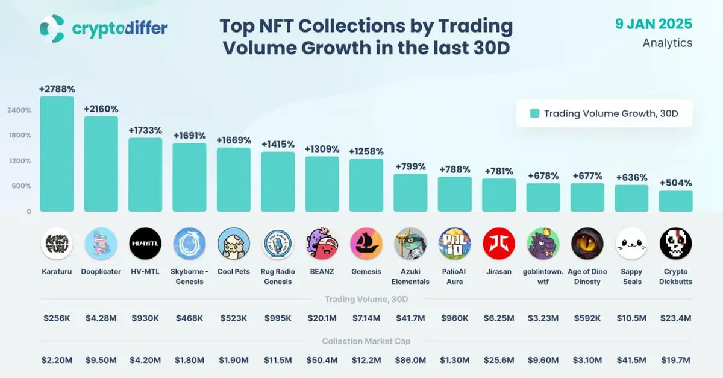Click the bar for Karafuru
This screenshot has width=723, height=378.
point(57,154)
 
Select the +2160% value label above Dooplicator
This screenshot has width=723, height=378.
point(101,109)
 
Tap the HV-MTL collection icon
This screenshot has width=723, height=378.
point(145,244)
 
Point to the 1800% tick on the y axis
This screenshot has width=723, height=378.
point(19,135)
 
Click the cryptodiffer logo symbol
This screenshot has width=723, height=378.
point(52,28)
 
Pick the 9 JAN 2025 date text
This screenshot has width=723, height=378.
point(654,24)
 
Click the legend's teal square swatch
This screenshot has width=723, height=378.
point(534,113)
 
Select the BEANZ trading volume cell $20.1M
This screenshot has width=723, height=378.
point(322,318)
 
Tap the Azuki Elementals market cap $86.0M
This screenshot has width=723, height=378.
point(410,360)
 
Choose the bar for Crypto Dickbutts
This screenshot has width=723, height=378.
point(675,201)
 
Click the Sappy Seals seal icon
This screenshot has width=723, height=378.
point(631,244)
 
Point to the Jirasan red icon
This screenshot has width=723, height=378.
point(499,244)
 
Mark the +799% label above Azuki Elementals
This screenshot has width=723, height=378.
point(410,166)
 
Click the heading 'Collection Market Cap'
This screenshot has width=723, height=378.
point(366,341)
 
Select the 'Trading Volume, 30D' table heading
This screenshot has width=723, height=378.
point(366,299)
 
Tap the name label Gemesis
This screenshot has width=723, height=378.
point(366,272)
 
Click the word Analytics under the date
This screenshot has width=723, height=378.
point(668,43)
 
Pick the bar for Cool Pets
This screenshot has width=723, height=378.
point(234,180)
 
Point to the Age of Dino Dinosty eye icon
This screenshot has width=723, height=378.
point(587,244)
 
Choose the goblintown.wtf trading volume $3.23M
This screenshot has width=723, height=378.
point(543,318)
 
